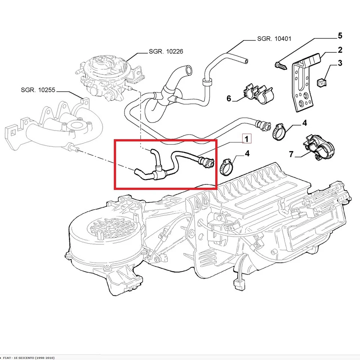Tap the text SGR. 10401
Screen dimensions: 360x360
pos(274,39)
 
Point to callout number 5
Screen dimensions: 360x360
pos(340,36)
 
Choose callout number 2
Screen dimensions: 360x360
pos(340,50)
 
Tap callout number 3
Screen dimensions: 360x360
pos(340,63)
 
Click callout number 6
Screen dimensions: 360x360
pos(229,99)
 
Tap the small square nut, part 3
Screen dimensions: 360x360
pos(322,80)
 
